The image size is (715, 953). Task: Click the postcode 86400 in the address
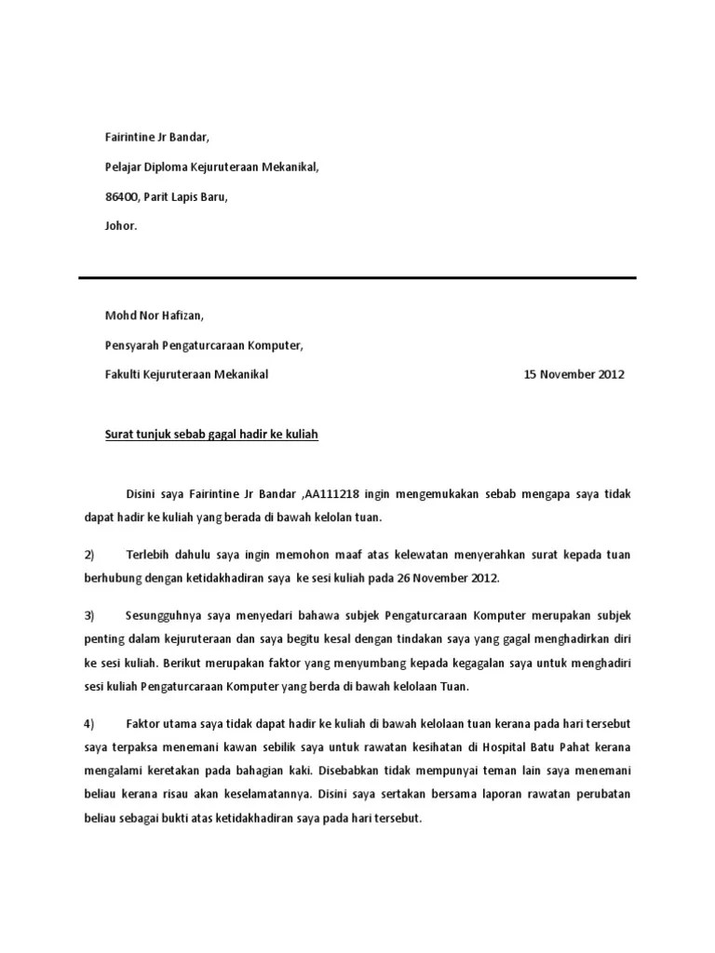[x=121, y=196]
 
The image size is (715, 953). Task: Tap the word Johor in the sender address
[x=120, y=226]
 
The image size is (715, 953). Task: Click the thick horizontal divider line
[x=357, y=277]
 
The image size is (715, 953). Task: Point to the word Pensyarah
[x=131, y=345]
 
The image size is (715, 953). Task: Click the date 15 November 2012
[x=574, y=375]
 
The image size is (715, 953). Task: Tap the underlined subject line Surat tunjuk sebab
[x=211, y=435]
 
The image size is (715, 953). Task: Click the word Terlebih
[x=147, y=555]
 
